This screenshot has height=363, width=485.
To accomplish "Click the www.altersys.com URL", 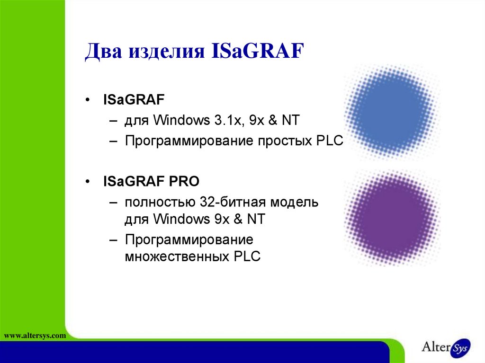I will click(x=34, y=336).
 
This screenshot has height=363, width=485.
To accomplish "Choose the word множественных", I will click(x=177, y=257).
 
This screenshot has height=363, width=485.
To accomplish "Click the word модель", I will click(x=295, y=203).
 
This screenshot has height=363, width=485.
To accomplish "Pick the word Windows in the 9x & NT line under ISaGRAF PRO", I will click(x=178, y=219).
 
